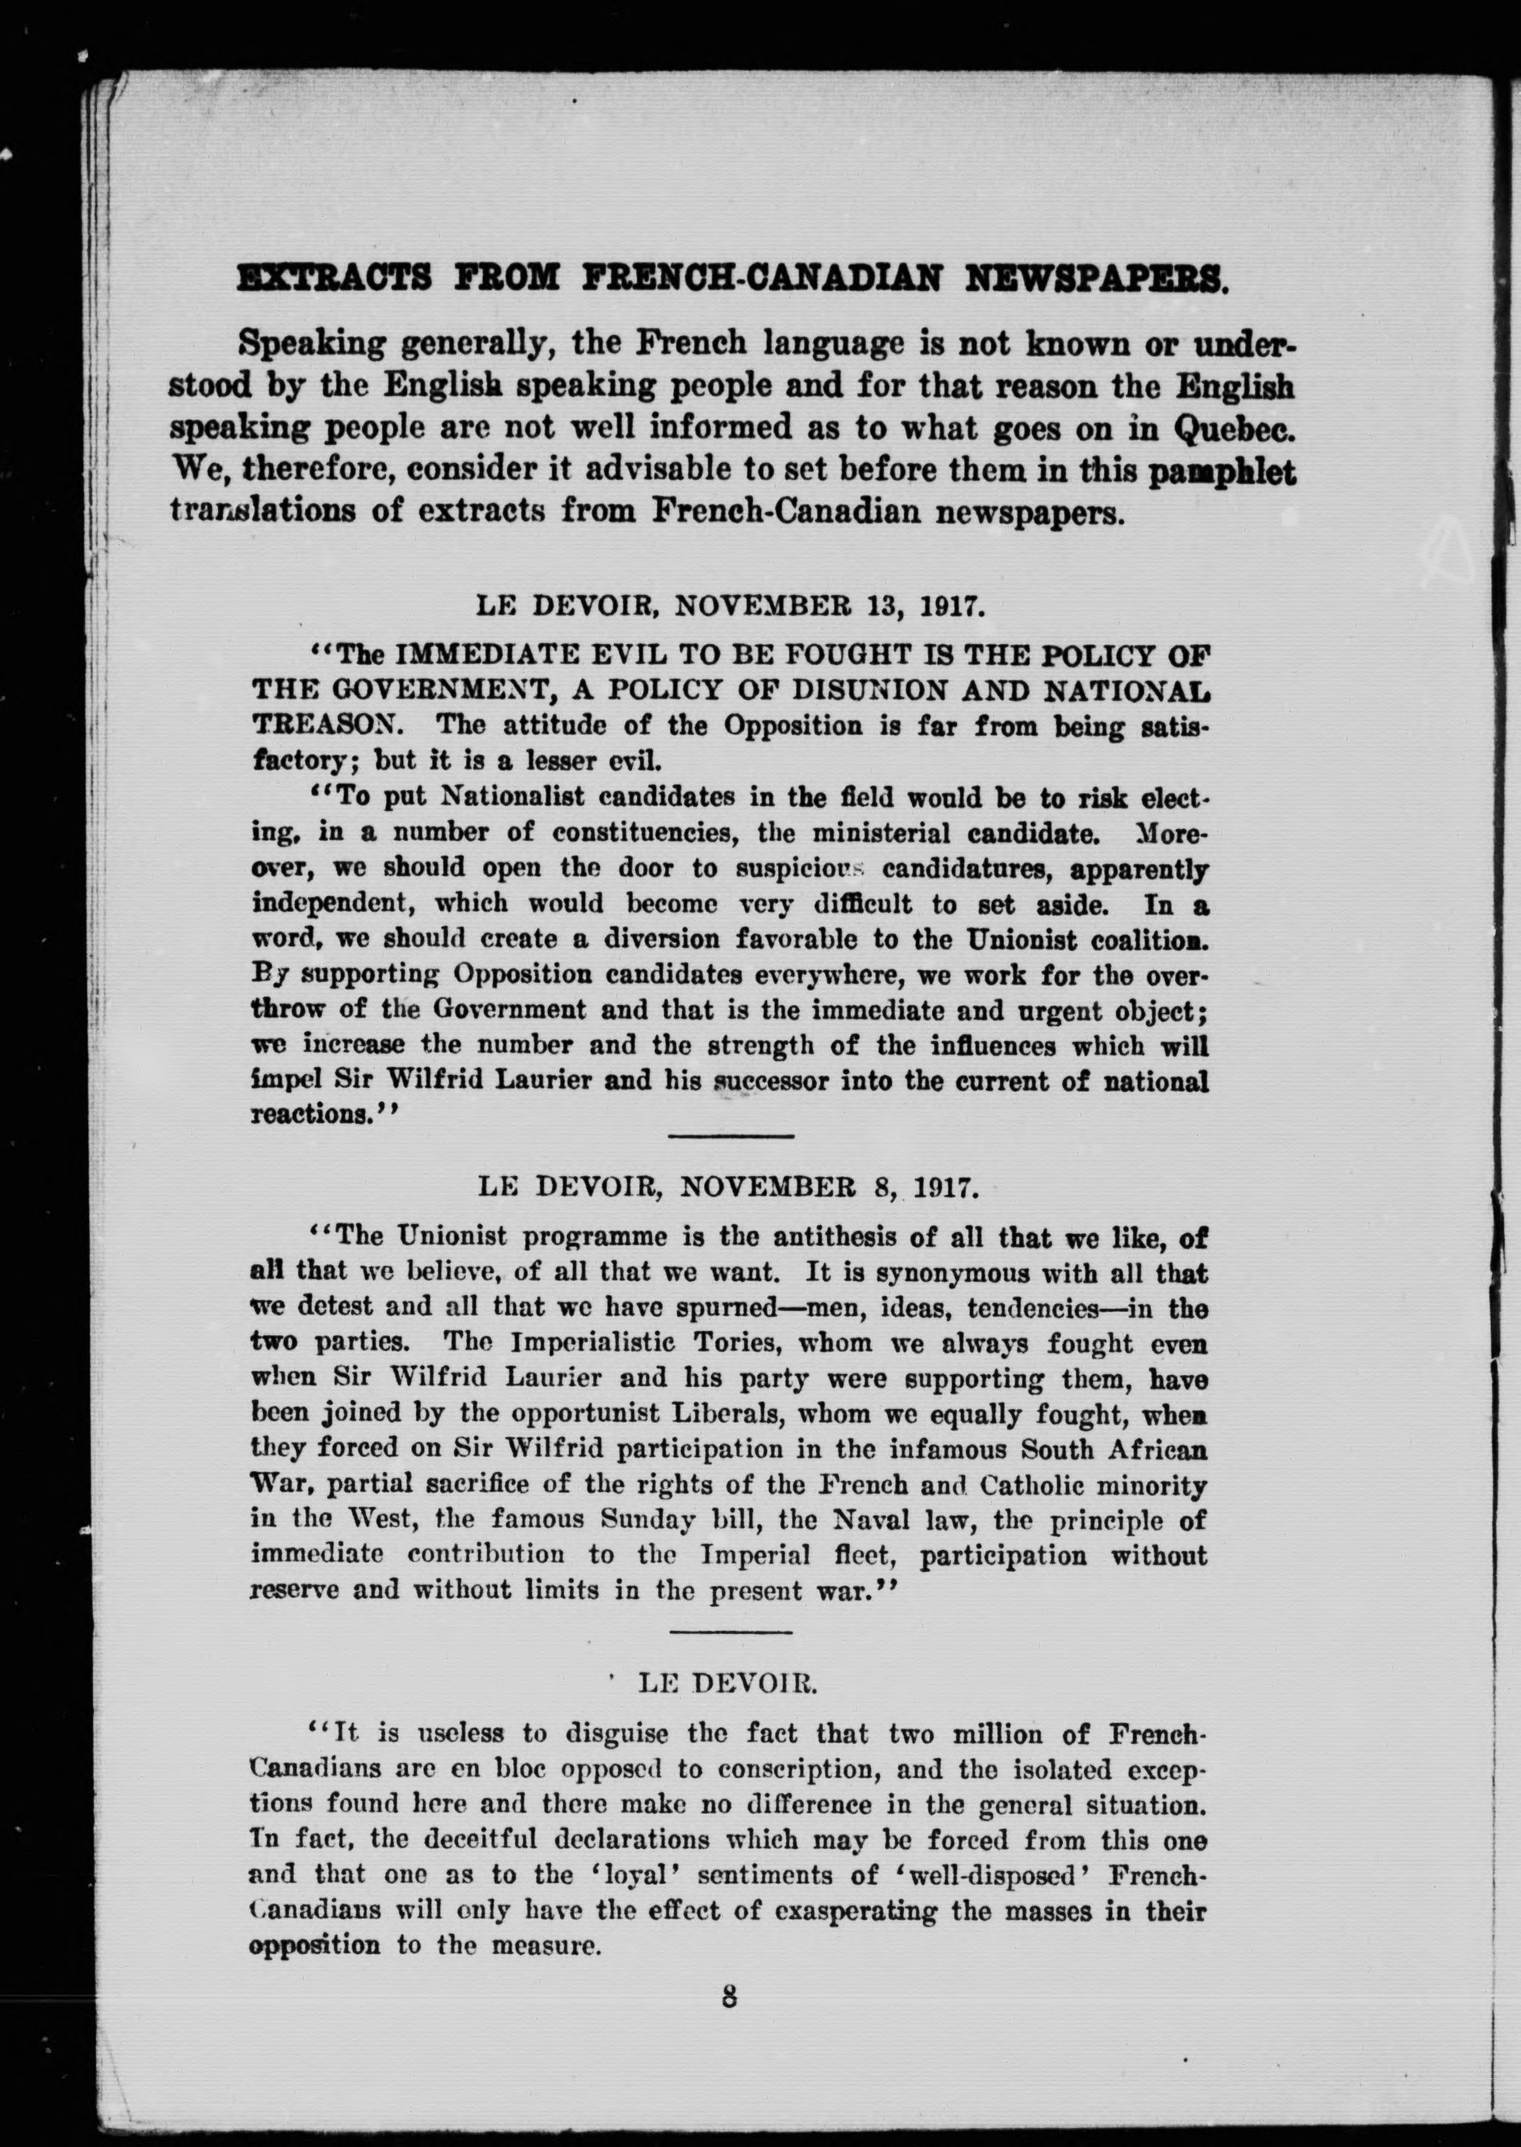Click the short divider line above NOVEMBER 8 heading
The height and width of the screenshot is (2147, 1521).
point(730,1136)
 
